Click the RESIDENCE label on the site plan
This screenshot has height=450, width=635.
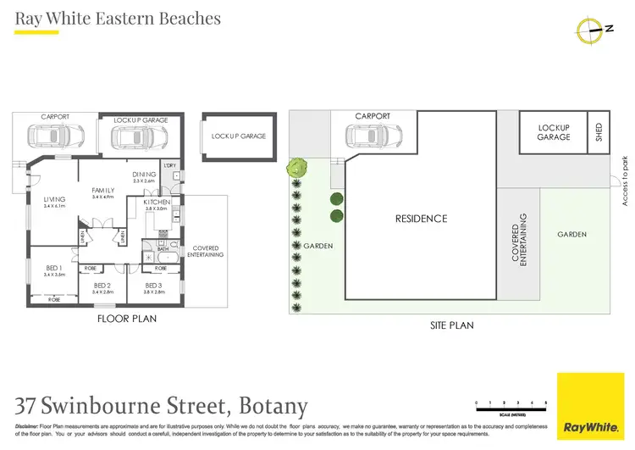tap(421, 219)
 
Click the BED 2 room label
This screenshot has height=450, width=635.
tap(103, 286)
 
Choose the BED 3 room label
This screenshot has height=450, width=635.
tap(153, 286)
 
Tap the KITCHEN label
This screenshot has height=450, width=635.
tap(157, 203)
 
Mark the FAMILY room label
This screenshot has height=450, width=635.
tap(102, 191)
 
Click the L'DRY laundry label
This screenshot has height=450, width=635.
tap(169, 165)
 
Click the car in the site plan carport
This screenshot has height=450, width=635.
tap(372, 136)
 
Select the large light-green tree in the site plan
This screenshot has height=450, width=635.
tap(296, 167)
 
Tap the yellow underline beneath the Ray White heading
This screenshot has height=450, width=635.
tap(36, 32)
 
